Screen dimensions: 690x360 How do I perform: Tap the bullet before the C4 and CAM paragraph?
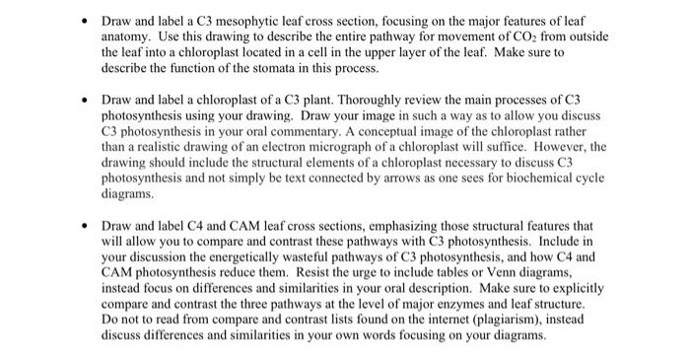click(86, 224)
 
